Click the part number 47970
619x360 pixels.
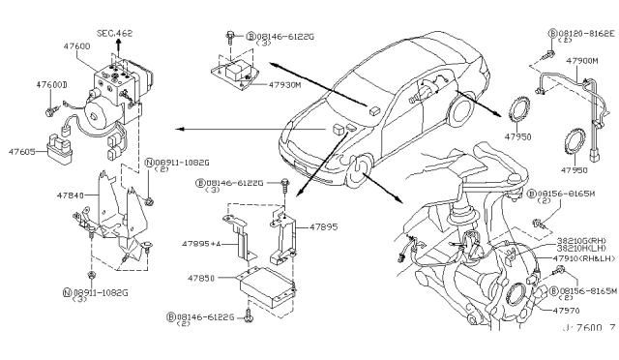click(x=567, y=312)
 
